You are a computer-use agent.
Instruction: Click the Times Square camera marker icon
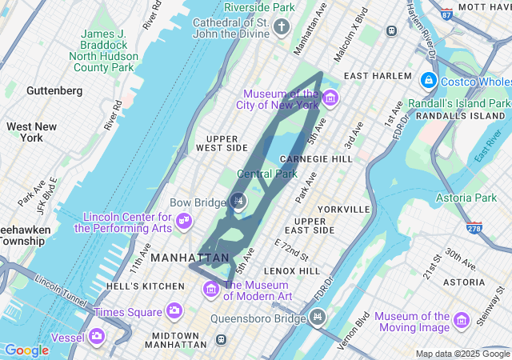click(x=174, y=311)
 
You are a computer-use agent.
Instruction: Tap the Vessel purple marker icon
click(x=97, y=337)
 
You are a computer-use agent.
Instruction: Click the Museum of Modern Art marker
click(x=210, y=288)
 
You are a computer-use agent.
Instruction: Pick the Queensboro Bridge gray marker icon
click(x=318, y=318)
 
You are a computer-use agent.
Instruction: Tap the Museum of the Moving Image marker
click(x=462, y=321)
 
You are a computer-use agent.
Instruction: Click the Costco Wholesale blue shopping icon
click(x=429, y=81)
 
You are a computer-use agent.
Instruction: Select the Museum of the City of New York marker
click(x=330, y=98)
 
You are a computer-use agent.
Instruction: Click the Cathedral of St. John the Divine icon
click(x=281, y=28)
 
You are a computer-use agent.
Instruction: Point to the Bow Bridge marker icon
click(x=238, y=201)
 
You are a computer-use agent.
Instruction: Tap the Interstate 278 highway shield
click(x=474, y=229)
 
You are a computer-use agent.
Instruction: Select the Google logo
click(x=26, y=350)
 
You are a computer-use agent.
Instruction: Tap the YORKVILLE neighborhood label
click(x=343, y=209)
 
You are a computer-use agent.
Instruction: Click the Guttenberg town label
click(x=54, y=91)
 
